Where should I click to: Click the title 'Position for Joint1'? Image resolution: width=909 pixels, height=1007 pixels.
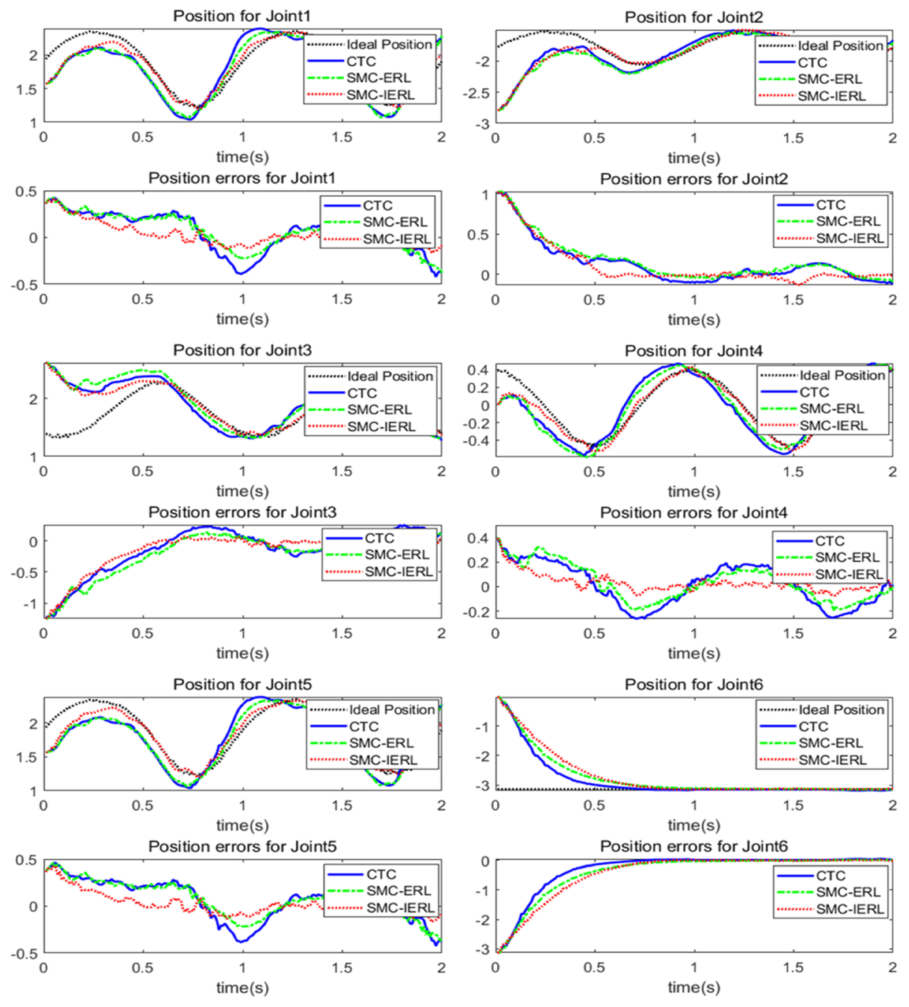coord(242,16)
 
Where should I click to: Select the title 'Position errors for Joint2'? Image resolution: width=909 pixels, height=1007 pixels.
coord(694,179)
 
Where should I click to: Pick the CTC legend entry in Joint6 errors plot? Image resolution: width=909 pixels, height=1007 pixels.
coord(831,876)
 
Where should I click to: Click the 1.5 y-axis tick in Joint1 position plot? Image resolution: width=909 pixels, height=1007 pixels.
coord(26,90)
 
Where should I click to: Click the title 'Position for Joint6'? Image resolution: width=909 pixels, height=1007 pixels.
coord(694,684)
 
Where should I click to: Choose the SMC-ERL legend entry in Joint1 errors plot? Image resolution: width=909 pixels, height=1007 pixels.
coord(394,222)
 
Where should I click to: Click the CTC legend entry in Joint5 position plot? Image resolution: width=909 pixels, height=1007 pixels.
coord(363,726)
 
